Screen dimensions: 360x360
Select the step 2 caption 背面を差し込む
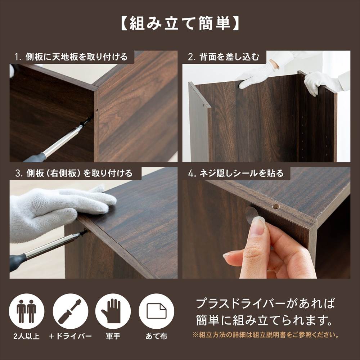[x=223, y=57]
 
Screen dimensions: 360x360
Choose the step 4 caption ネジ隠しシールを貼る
[x=236, y=174]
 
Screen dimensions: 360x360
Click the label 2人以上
[x=26, y=337]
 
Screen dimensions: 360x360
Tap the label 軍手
[x=113, y=337]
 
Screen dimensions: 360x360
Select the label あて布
[x=156, y=337]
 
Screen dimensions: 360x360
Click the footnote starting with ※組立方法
[x=266, y=335]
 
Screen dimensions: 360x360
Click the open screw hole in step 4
[x=276, y=207]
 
